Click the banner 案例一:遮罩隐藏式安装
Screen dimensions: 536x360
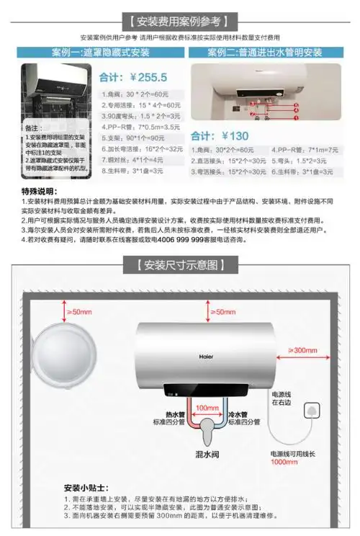(101, 53)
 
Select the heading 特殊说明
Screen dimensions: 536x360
(41, 193)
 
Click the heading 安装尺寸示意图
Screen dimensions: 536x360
(180, 264)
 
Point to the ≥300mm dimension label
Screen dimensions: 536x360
(302, 349)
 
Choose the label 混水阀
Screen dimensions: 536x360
(207, 455)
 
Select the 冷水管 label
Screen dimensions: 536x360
(238, 415)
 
